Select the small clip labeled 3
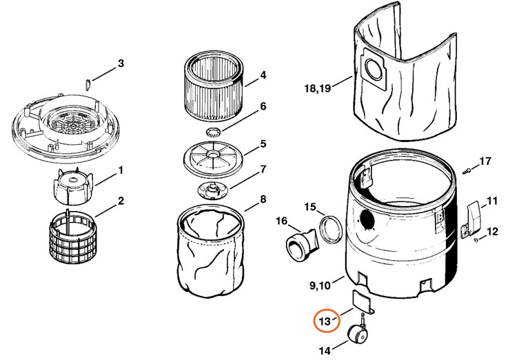tap(88, 83)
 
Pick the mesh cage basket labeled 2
tap(72, 232)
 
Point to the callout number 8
tap(263, 199)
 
